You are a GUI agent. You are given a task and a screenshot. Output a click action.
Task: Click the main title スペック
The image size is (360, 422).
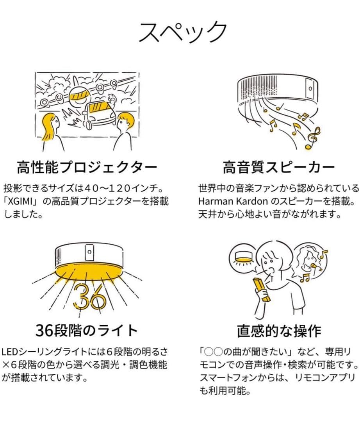click(183, 32)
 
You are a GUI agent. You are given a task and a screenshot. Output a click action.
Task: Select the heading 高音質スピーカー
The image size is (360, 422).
click(278, 168)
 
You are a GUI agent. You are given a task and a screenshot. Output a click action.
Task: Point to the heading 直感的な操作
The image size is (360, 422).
click(279, 331)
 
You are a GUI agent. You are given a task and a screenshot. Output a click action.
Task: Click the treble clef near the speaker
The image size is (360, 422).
click(313, 138)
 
